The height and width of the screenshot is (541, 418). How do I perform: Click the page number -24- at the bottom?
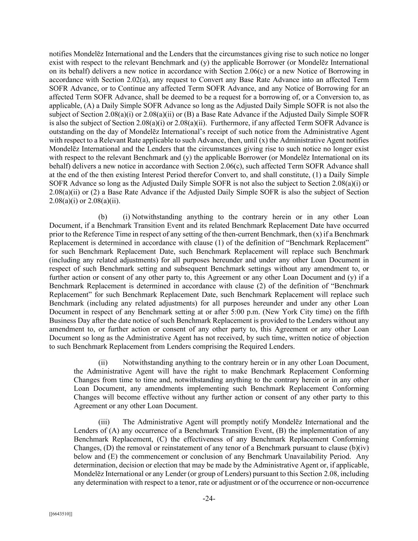click(x=209, y=499)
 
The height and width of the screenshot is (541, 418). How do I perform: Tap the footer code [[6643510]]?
click(x=61, y=514)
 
